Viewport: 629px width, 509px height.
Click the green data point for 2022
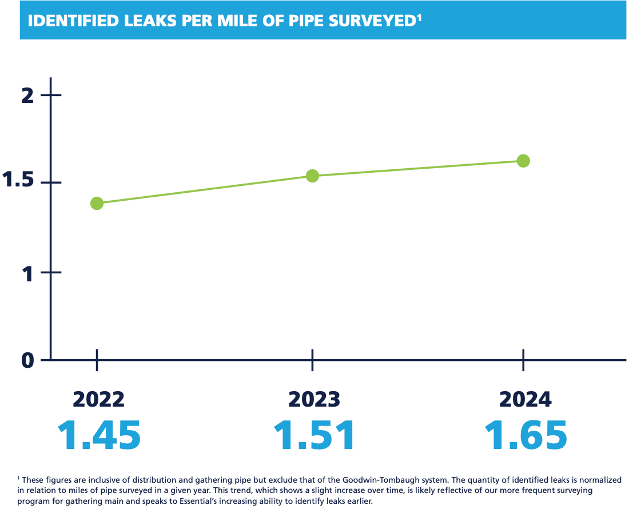[x=97, y=203]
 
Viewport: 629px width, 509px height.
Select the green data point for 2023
[x=312, y=176]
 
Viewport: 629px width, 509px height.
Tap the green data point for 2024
[x=523, y=161]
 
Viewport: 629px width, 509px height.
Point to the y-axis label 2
[x=27, y=95]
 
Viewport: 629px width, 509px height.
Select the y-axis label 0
[x=28, y=360]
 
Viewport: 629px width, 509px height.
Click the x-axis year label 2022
[x=99, y=399]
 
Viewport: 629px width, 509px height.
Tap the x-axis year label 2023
[x=314, y=399]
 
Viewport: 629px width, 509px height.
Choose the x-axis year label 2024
[x=525, y=399]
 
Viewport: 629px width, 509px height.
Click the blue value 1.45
[x=99, y=435]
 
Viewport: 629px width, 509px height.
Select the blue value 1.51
[x=314, y=435]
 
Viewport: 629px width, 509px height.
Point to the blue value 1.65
[x=526, y=435]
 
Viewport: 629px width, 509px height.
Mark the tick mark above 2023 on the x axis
[x=312, y=360]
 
